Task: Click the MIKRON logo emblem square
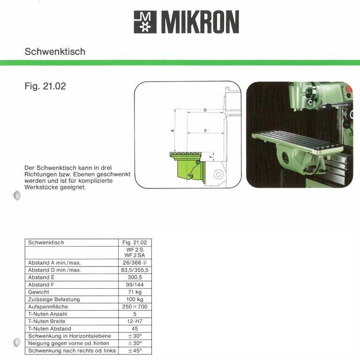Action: coord(145,22)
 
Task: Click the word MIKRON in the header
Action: coord(200,22)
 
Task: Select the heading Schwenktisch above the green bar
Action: coord(55,52)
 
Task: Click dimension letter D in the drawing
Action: coord(205,110)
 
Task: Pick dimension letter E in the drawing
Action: coord(206,130)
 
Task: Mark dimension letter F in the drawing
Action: coord(211,157)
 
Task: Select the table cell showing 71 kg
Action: coord(135,292)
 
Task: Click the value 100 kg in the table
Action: coord(135,299)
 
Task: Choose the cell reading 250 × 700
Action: coord(135,307)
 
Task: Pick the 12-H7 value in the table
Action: coord(135,321)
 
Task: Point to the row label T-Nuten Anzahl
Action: coord(48,314)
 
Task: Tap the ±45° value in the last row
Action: coord(135,350)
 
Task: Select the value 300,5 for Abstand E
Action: coord(135,277)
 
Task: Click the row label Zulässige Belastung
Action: coord(54,299)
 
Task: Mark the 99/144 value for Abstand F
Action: coord(135,285)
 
